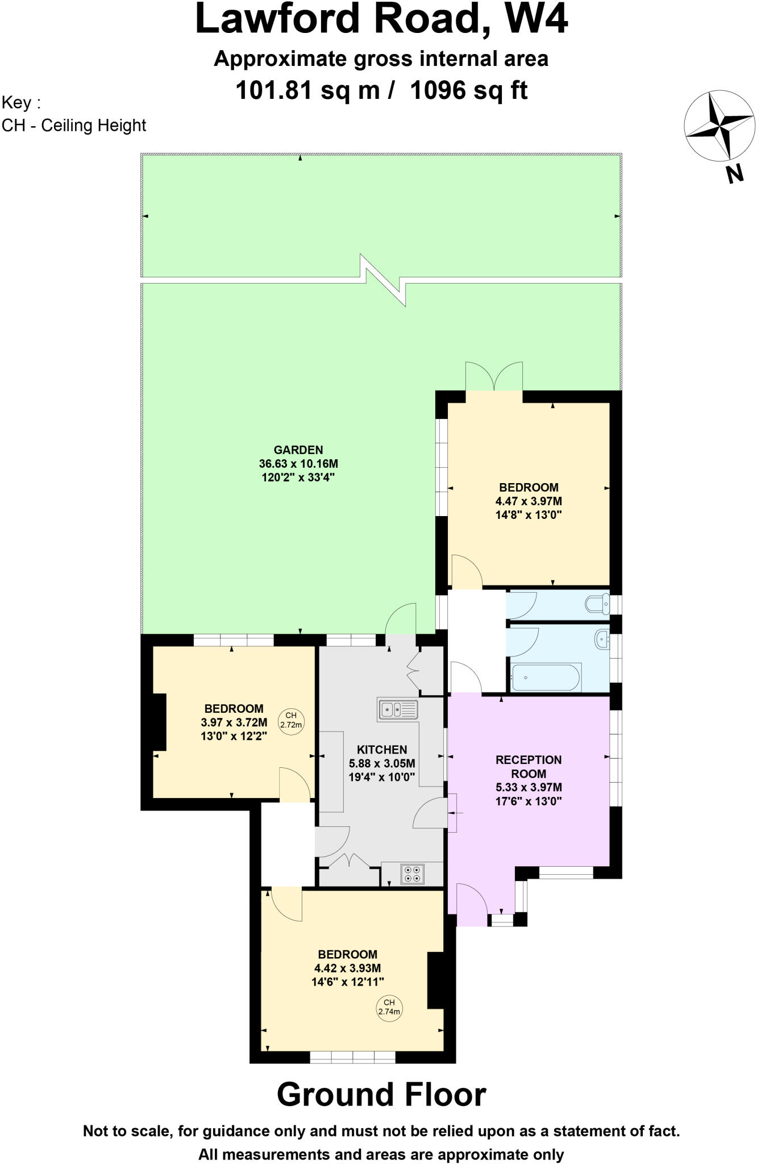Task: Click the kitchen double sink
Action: point(397,709)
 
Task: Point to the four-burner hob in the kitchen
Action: point(412,874)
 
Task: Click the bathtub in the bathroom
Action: point(545,677)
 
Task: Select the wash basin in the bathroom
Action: point(601,640)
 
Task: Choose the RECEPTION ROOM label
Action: point(529,766)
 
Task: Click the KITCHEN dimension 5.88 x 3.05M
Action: point(382,763)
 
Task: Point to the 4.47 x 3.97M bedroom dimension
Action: point(529,501)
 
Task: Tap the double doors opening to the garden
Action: point(494,376)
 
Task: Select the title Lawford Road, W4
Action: point(381,19)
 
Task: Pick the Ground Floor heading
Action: point(381,1094)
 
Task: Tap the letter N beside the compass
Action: point(735,173)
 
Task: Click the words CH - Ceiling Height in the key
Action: point(74,125)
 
